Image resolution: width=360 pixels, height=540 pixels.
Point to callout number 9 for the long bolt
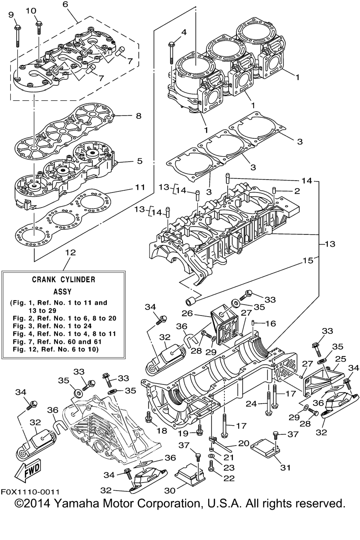pos(11,15)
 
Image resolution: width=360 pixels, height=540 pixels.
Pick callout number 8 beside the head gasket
pos(138,116)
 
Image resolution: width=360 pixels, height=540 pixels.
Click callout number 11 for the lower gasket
pos(140,187)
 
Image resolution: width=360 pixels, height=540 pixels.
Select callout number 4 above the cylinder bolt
pos(184,32)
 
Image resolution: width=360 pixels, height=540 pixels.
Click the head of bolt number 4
pos(171,44)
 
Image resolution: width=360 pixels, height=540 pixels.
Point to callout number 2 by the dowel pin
pos(297,191)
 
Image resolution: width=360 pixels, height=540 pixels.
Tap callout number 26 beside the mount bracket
pos(187,313)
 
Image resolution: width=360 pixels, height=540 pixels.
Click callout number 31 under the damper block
pos(285,468)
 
